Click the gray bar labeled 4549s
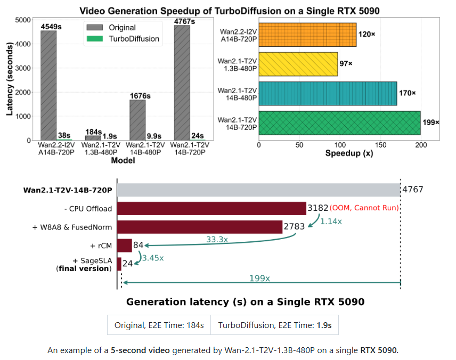coord(48,85)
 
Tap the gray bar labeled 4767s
coord(182,83)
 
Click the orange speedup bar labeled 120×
coord(307,35)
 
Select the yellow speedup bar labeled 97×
coord(298,64)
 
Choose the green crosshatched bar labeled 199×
coord(339,122)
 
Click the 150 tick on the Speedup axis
coord(380,144)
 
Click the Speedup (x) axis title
coord(348,153)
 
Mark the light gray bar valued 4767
coord(258,190)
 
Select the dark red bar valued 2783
coord(200,227)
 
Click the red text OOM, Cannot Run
coord(364,208)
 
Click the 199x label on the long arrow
coord(259,278)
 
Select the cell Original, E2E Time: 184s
coord(159,325)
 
